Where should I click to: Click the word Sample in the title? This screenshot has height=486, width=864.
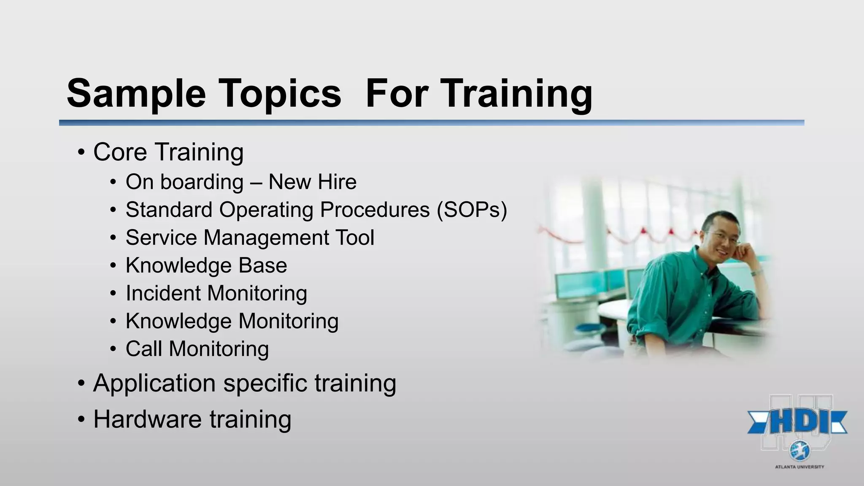click(136, 94)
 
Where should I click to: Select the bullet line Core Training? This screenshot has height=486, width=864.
click(168, 152)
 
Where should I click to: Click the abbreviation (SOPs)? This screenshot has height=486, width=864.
click(472, 210)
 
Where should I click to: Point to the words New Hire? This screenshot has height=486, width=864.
click(312, 182)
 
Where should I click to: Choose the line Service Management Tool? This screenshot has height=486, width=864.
click(250, 238)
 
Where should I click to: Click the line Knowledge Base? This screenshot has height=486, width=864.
click(206, 265)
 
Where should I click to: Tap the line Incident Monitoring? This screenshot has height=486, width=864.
click(216, 293)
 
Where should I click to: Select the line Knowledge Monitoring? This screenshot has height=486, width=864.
click(232, 321)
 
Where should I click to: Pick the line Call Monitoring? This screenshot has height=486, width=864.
click(197, 349)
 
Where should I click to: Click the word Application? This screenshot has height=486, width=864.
click(154, 383)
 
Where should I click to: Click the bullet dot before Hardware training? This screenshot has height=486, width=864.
click(81, 420)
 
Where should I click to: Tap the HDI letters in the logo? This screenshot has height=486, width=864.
click(797, 422)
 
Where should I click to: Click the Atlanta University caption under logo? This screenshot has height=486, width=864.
click(799, 467)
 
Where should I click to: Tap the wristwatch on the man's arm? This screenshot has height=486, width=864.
click(756, 273)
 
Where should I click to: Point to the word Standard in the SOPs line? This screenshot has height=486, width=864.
click(169, 210)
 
